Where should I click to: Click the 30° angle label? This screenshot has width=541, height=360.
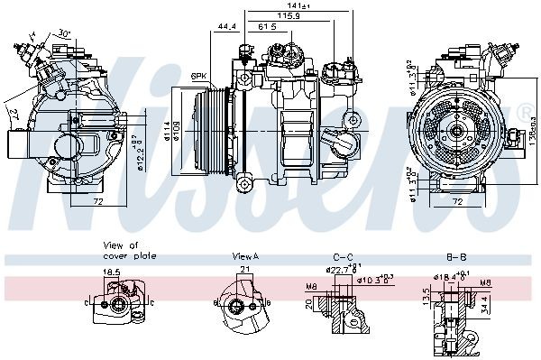click(63, 33)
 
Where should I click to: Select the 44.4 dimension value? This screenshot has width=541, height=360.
click(225, 27)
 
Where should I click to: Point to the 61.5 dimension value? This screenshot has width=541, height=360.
click(268, 27)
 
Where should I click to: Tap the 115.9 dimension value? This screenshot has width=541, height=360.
click(289, 16)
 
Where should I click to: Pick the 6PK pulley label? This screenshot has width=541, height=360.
click(199, 75)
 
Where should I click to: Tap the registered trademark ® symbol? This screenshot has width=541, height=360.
click(526, 112)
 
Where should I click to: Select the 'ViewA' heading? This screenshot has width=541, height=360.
click(244, 256)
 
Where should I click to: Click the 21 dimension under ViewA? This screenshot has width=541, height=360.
click(243, 270)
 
